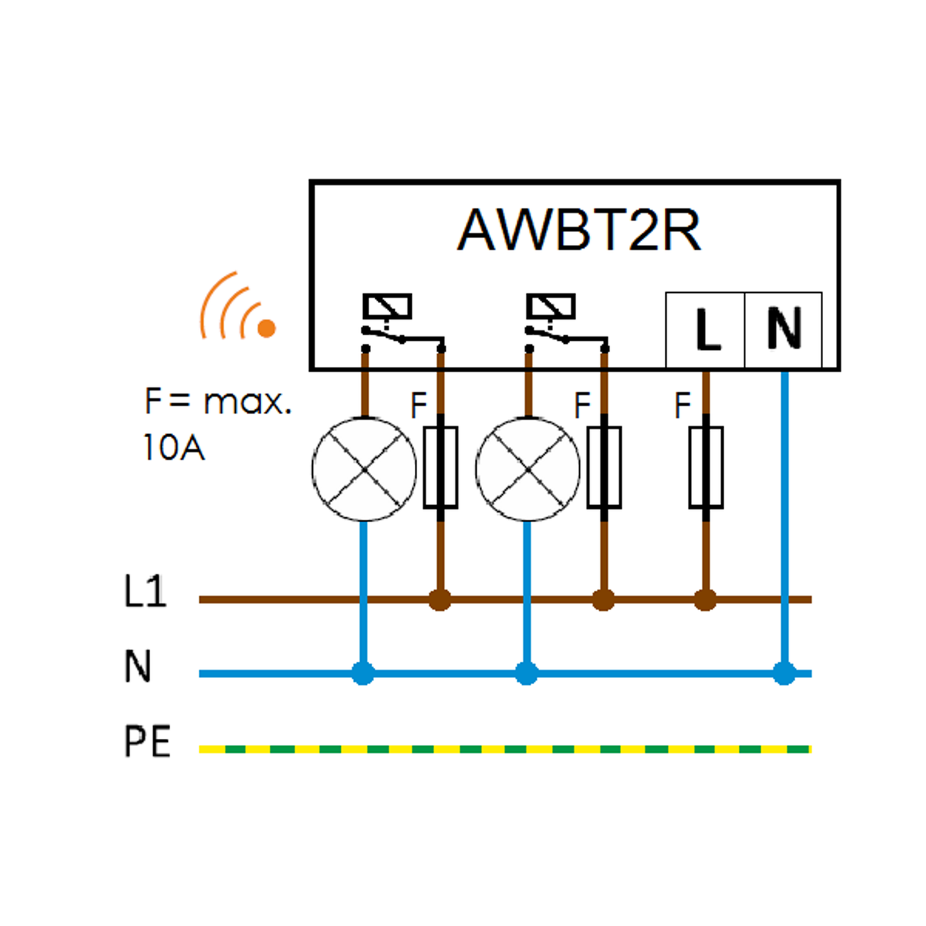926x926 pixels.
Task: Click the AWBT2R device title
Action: pos(579,230)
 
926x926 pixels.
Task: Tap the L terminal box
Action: pos(706,330)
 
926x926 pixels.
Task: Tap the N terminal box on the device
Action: pos(783,330)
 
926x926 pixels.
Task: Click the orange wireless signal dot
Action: pos(266,328)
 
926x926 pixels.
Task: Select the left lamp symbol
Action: pos(365,469)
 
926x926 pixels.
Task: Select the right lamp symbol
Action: pos(528,469)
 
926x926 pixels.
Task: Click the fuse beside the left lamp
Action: pos(440,468)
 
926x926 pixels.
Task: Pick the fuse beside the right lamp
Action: pos(604,468)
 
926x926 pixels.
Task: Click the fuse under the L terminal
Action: pos(706,468)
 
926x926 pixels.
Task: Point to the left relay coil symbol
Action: pos(387,307)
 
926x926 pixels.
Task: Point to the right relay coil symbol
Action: pos(551,307)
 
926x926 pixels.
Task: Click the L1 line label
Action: pos(145,591)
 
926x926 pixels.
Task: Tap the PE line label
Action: pos(147,741)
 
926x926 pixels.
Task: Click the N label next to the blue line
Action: pos(138,666)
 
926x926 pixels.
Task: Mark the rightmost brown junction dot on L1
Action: pos(706,600)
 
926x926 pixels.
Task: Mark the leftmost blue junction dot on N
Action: pos(363,674)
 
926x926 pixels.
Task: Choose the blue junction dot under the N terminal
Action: pos(784,674)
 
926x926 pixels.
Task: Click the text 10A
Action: pos(174,448)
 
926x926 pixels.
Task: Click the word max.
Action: pos(248,402)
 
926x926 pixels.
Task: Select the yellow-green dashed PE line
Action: pos(503,749)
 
